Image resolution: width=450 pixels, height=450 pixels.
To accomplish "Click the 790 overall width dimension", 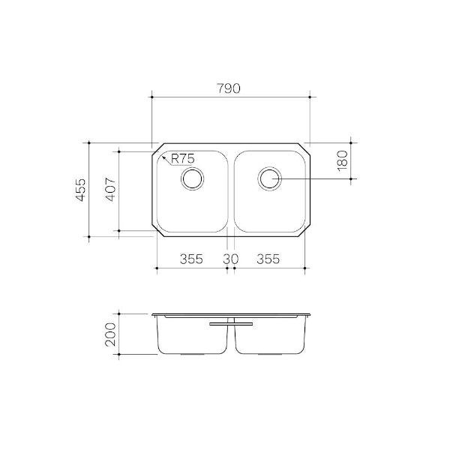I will [229, 88].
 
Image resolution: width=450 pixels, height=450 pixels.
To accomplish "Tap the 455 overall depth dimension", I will [79, 189].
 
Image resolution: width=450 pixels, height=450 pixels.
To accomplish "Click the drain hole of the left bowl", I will [193, 178].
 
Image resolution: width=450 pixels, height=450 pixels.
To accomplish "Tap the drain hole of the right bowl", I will [268, 178].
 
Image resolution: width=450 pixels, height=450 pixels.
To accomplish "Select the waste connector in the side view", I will [231, 324].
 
